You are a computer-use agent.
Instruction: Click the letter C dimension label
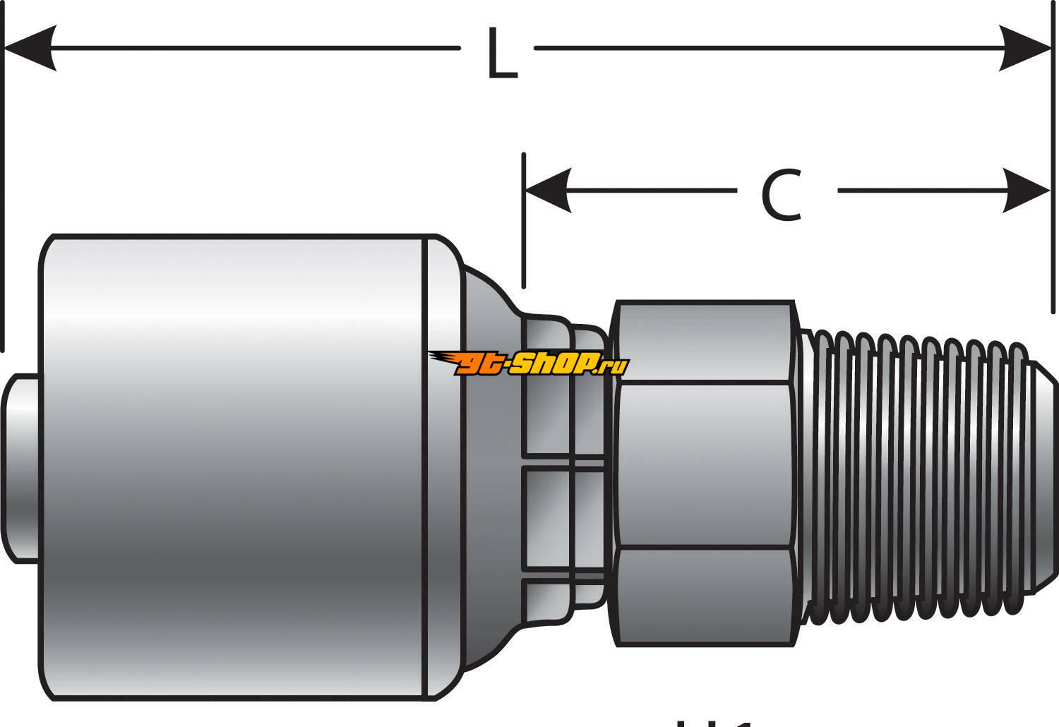point(782,194)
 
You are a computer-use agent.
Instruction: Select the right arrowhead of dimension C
point(1026,191)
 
